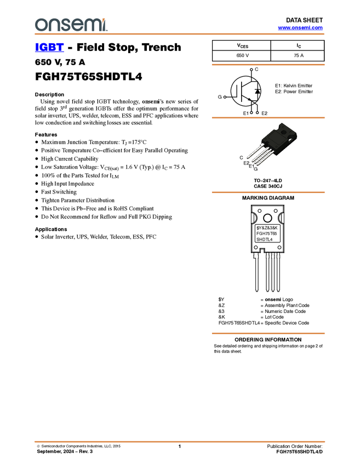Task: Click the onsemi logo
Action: click(x=71, y=25)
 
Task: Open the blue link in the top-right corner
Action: click(x=300, y=27)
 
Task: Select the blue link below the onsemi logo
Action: click(x=49, y=48)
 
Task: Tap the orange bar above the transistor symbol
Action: click(x=268, y=65)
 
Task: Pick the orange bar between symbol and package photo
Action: click(x=268, y=118)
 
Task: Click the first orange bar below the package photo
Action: click(x=268, y=192)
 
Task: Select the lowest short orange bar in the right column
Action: click(x=268, y=333)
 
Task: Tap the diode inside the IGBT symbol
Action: click(x=258, y=90)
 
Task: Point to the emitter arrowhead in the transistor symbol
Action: click(x=249, y=100)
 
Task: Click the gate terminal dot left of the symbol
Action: click(x=225, y=97)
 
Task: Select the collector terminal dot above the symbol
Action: click(x=251, y=70)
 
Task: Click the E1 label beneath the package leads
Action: click(x=252, y=166)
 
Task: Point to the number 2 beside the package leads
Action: click(x=248, y=163)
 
